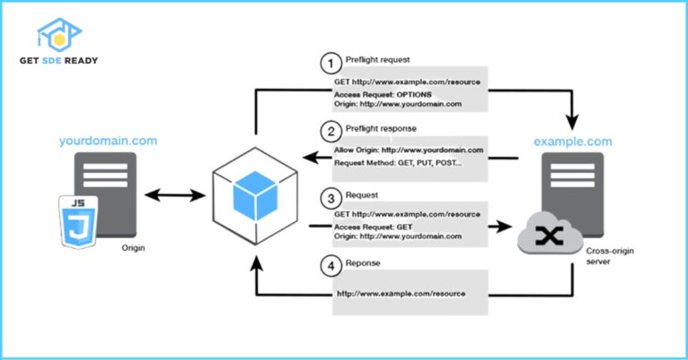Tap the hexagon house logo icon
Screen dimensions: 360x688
[58, 33]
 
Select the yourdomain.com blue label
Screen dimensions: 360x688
[107, 141]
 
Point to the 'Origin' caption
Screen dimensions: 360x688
[132, 249]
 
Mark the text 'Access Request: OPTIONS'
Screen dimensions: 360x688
[383, 94]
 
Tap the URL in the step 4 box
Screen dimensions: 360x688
[400, 294]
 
